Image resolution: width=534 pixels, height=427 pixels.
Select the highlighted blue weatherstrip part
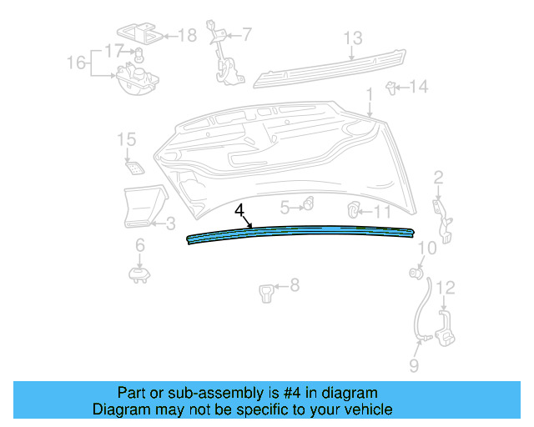point(300,232)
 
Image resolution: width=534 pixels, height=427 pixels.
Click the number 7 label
point(246,34)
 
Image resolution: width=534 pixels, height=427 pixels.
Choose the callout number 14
point(418,86)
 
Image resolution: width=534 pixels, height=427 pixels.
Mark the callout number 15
point(125,139)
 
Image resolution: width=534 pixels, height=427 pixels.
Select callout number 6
point(139,244)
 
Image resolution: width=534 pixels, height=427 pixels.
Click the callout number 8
point(294,286)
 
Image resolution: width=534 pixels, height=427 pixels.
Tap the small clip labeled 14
point(390,85)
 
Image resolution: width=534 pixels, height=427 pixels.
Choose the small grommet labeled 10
point(415,272)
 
